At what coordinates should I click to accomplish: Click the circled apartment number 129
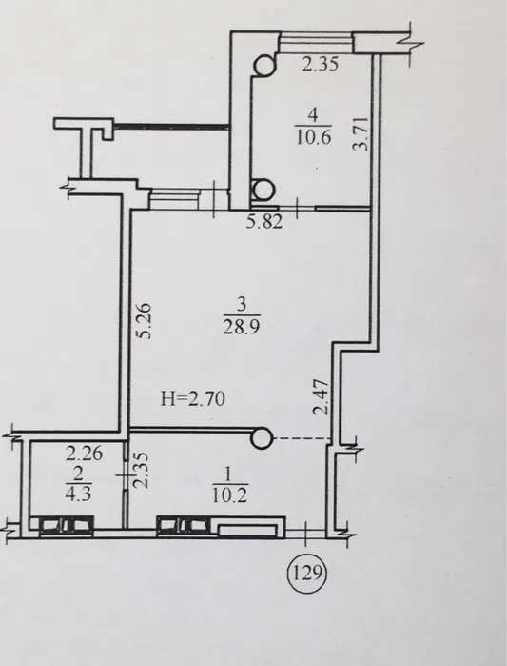pyautogui.click(x=306, y=574)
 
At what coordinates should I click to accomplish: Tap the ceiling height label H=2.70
pyautogui.click(x=193, y=399)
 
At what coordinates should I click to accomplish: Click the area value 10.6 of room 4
pyautogui.click(x=313, y=137)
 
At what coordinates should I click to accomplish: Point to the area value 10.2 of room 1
pyautogui.click(x=229, y=495)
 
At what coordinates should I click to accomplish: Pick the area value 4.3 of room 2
pyautogui.click(x=78, y=494)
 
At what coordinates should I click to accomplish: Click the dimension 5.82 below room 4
pyautogui.click(x=264, y=222)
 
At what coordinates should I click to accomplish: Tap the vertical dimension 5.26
pyautogui.click(x=145, y=320)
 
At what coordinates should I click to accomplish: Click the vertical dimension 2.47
pyautogui.click(x=321, y=396)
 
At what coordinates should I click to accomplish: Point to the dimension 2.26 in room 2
pyautogui.click(x=84, y=454)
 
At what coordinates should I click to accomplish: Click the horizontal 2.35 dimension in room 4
pyautogui.click(x=320, y=65)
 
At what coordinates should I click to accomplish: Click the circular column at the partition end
pyautogui.click(x=262, y=437)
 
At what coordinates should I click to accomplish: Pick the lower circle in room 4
pyautogui.click(x=263, y=190)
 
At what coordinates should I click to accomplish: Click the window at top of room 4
pyautogui.click(x=317, y=43)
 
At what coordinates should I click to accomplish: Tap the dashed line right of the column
pyautogui.click(x=302, y=438)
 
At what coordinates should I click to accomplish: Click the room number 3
pyautogui.click(x=242, y=305)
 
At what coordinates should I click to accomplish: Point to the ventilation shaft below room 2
pyautogui.click(x=67, y=525)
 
